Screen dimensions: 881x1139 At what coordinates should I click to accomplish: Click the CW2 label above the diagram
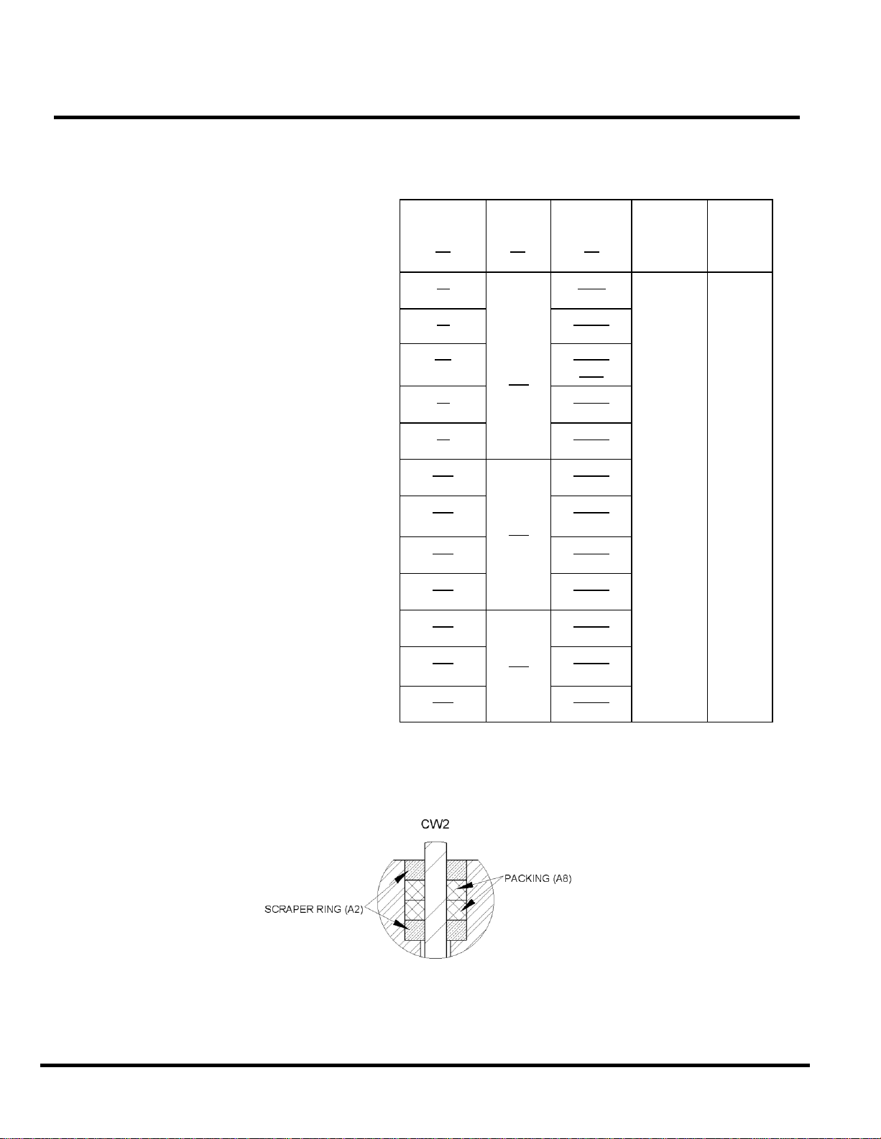[435, 824]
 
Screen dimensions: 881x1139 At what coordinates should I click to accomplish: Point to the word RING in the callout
[327, 909]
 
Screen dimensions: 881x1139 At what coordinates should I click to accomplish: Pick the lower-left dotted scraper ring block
[415, 931]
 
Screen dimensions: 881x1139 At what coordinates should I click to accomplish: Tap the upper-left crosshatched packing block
[415, 890]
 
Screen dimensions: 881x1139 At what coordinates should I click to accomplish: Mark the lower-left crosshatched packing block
[415, 910]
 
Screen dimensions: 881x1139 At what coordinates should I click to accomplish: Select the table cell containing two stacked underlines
[591, 365]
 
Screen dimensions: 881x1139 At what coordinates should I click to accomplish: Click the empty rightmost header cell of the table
[739, 236]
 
